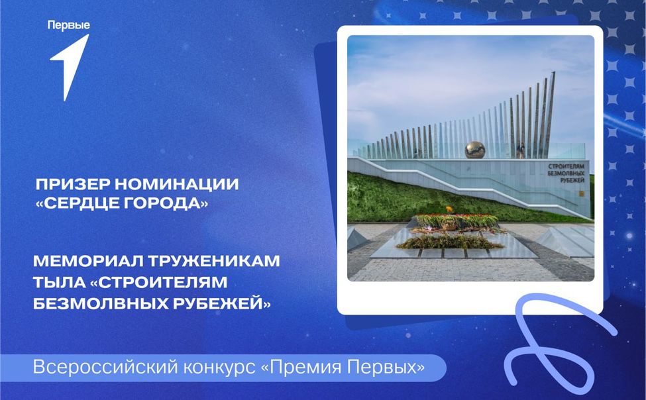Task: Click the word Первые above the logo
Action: (x=69, y=26)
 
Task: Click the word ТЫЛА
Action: (x=60, y=282)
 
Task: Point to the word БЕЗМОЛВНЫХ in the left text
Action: (x=101, y=303)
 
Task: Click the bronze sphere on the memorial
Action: (x=475, y=150)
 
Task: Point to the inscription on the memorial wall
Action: (x=566, y=172)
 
